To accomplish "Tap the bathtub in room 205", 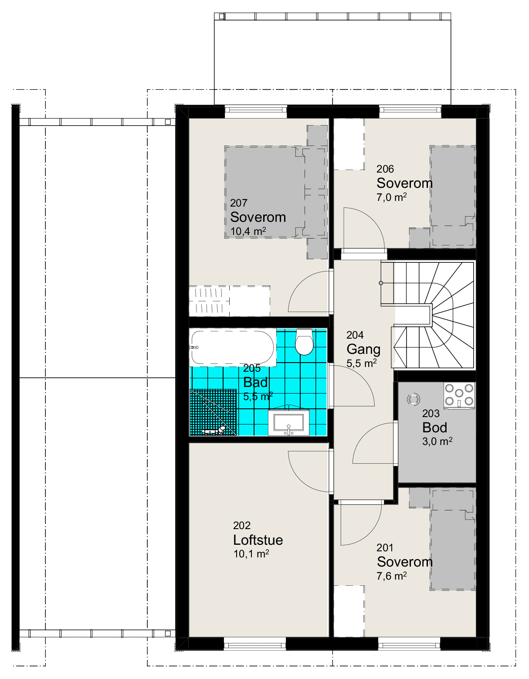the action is point(233,347).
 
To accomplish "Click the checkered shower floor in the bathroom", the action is point(213,412).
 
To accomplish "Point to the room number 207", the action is point(239,203).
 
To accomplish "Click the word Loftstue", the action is point(258,540).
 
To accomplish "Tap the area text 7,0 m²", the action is point(391,197).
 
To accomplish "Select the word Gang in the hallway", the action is point(363,350).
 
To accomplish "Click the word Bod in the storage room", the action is point(435,428).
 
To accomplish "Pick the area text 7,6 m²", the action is point(392,576).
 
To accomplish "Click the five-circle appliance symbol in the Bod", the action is point(459,395).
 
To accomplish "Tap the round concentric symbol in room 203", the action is point(413,399).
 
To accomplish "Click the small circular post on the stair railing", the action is point(381,283).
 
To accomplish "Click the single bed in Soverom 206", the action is point(453,196).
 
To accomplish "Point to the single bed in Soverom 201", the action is point(453,540).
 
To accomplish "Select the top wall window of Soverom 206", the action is point(410,109).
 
